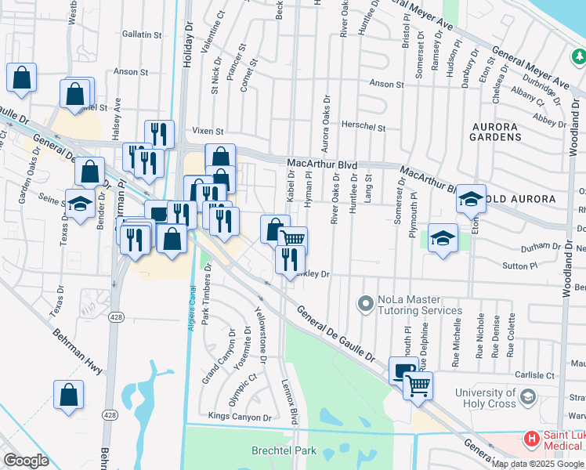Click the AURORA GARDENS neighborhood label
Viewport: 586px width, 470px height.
(x=497, y=131)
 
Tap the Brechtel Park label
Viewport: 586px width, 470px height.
(x=284, y=450)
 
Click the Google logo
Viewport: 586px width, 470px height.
(x=27, y=460)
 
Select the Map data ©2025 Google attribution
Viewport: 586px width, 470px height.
(x=537, y=464)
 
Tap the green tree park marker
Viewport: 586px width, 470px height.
(x=578, y=56)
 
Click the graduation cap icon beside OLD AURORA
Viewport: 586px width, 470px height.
(x=471, y=199)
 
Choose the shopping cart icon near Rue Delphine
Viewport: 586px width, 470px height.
(x=418, y=385)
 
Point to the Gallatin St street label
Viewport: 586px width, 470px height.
(x=142, y=34)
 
